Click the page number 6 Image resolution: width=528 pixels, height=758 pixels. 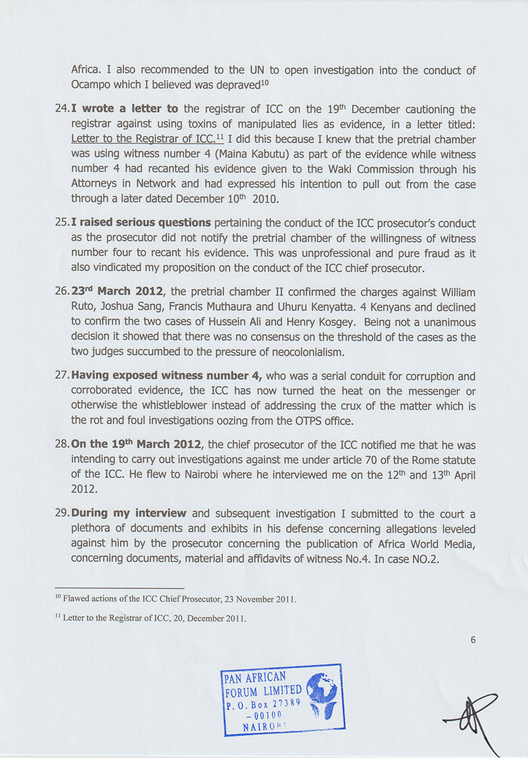coord(473,640)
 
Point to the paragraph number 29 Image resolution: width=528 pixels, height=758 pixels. coord(62,513)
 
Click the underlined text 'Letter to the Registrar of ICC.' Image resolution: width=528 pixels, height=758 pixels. coord(143,139)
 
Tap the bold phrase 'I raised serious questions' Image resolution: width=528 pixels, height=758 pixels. coord(141,223)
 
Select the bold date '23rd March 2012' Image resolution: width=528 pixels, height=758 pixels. coord(117,292)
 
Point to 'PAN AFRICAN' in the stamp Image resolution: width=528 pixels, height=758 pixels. coord(255,677)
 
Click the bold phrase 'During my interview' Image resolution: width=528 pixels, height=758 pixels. coord(129,513)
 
